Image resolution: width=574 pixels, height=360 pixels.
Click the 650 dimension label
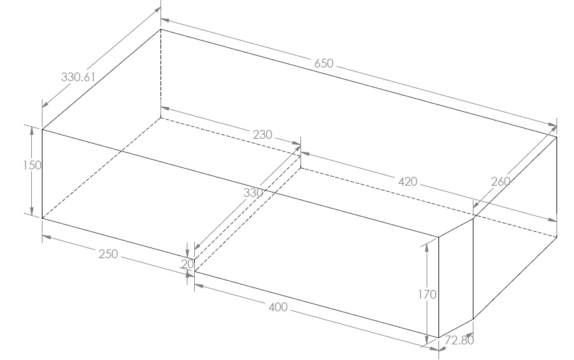pyautogui.click(x=324, y=63)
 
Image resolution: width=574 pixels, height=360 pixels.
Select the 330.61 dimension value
pyautogui.click(x=78, y=77)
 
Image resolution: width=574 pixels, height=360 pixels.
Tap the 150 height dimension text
pyautogui.click(x=32, y=165)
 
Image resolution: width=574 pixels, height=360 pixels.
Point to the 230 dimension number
pyautogui.click(x=262, y=135)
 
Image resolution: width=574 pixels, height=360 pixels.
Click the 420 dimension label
pyautogui.click(x=407, y=181)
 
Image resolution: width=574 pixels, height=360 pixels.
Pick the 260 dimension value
pyautogui.click(x=500, y=181)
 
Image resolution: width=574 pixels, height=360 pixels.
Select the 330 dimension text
pyautogui.click(x=253, y=192)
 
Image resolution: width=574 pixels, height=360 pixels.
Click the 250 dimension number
pyautogui.click(x=108, y=254)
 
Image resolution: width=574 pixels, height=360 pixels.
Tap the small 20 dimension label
pyautogui.click(x=187, y=264)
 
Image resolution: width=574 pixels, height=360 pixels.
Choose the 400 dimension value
pyautogui.click(x=278, y=307)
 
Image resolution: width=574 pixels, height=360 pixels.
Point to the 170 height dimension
pyautogui.click(x=427, y=294)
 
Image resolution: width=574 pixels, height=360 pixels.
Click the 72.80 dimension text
pyautogui.click(x=459, y=340)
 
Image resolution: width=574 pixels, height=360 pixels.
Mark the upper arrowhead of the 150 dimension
pyautogui.click(x=32, y=131)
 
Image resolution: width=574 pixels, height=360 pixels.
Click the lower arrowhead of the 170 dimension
pyautogui.click(x=427, y=341)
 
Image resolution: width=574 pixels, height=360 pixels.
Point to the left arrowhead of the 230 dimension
pyautogui.click(x=166, y=109)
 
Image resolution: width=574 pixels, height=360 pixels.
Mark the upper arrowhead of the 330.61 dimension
pyautogui.click(x=157, y=10)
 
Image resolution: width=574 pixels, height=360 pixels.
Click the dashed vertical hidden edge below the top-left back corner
pyautogui.click(x=161, y=73)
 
